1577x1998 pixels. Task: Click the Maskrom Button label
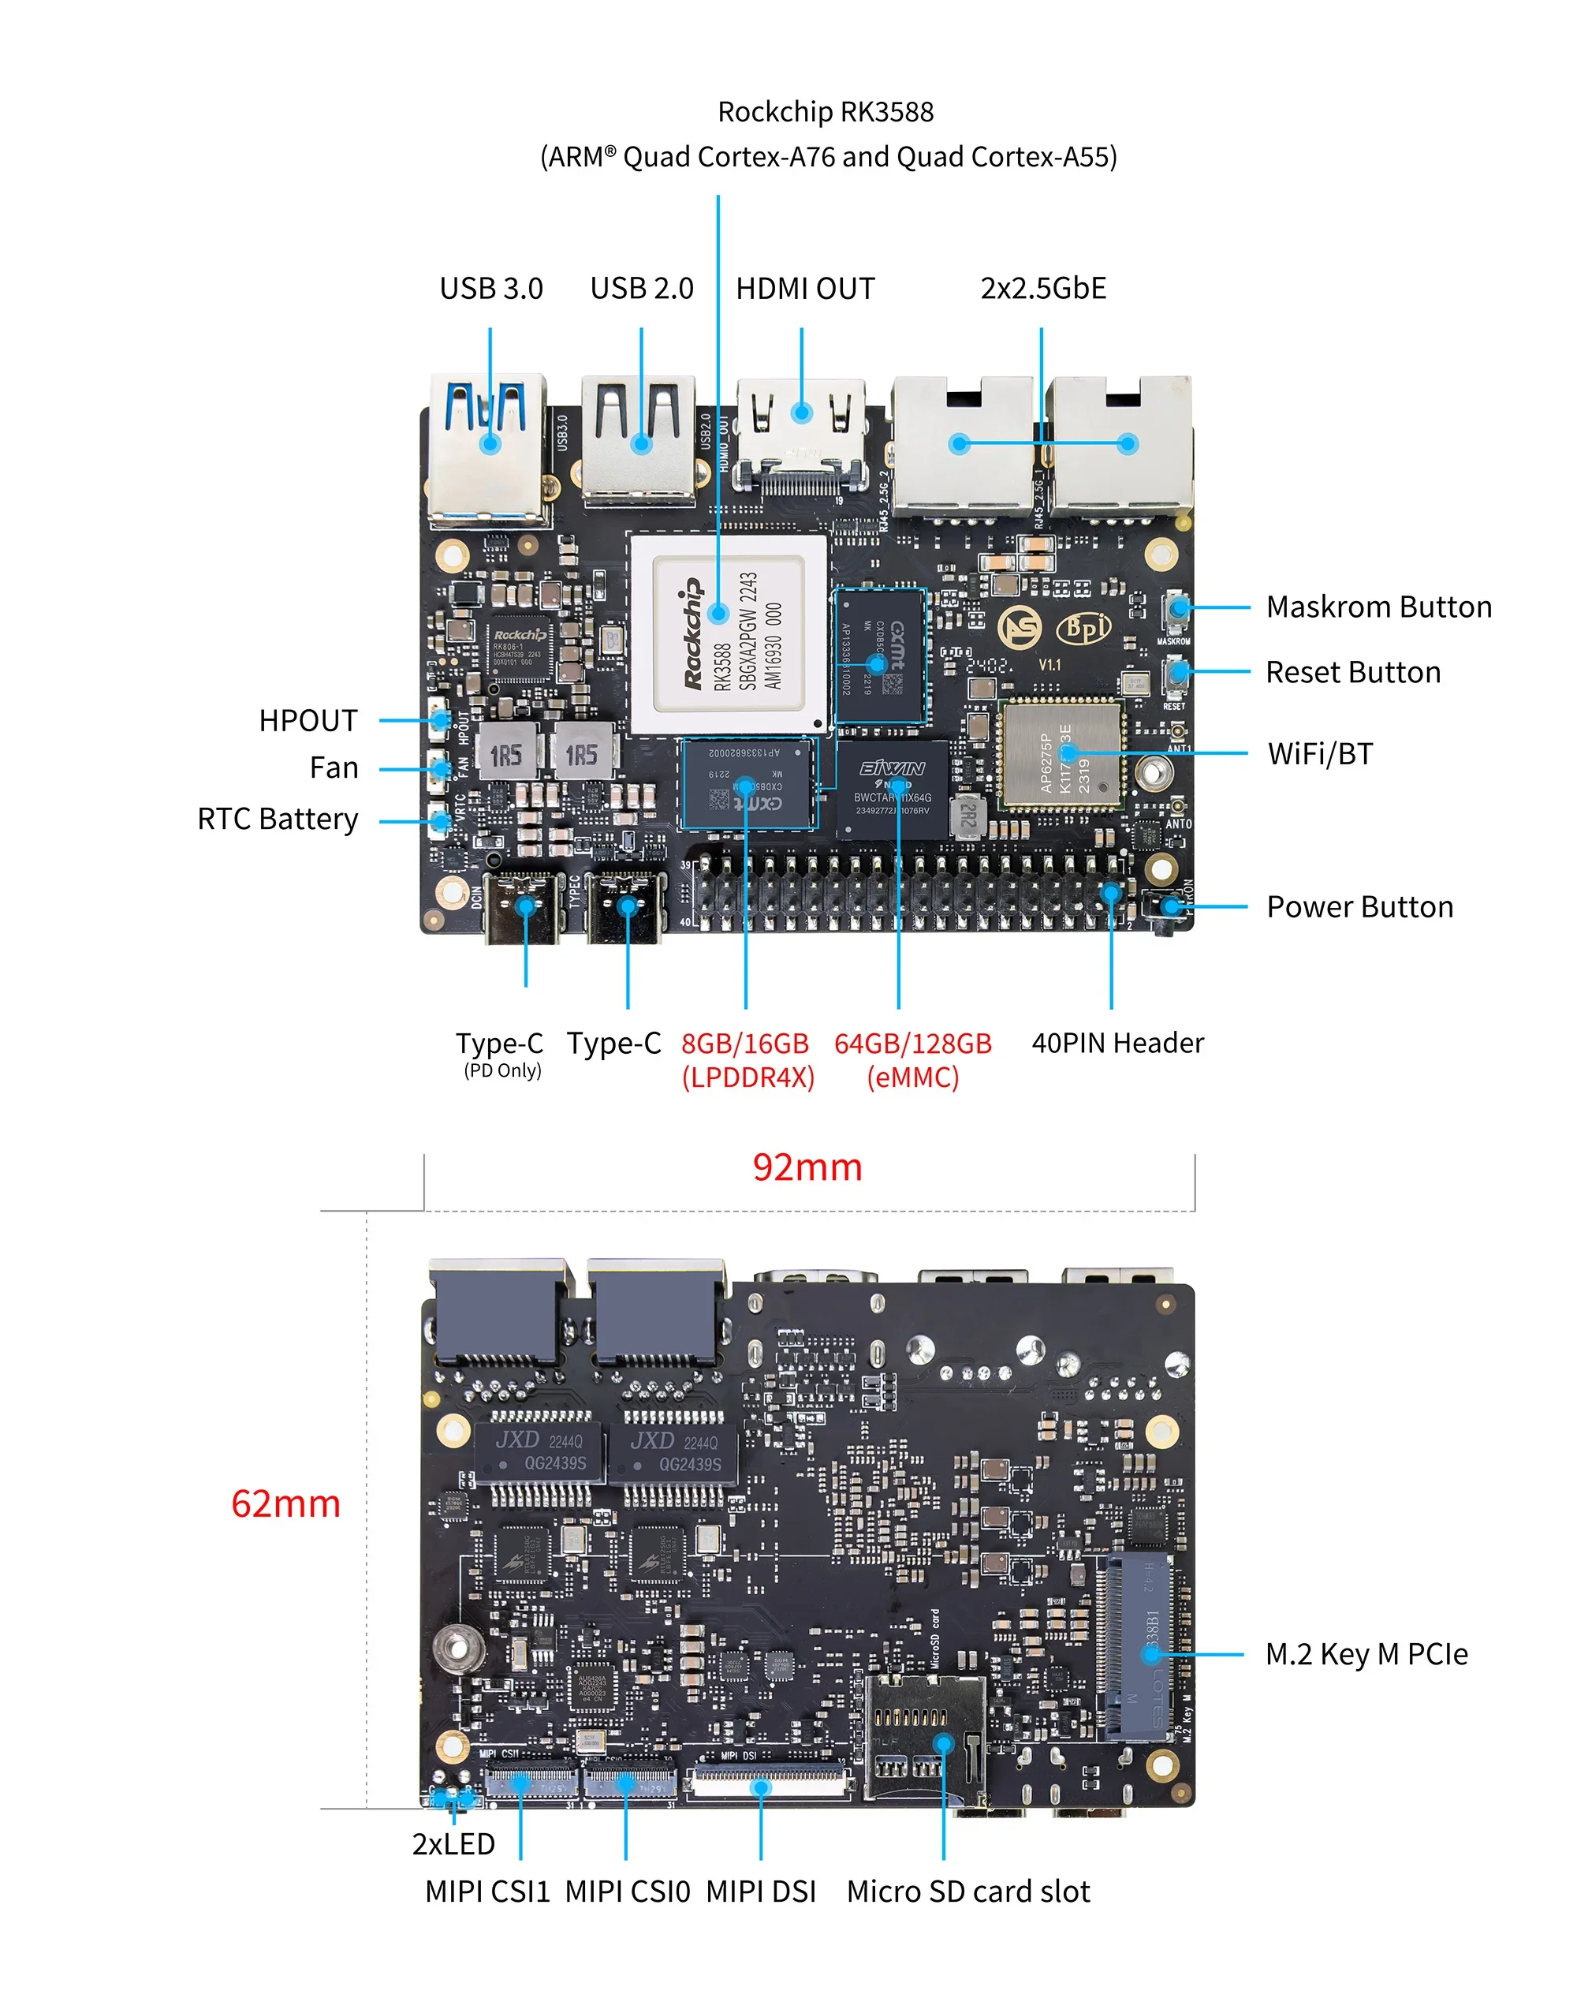[x=1378, y=607]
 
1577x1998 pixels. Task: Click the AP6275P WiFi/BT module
[x=1062, y=754]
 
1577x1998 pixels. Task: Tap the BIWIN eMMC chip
[x=892, y=790]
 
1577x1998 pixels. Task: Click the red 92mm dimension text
[x=807, y=1167]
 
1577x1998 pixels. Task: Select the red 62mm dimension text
[x=285, y=1503]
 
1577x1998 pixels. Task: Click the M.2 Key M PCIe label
[x=1366, y=1653]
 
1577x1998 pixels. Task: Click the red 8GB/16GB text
[x=744, y=1044]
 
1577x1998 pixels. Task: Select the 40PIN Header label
[x=1117, y=1043]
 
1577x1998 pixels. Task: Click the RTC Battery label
[x=277, y=820]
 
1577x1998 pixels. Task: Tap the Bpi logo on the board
[x=1083, y=628]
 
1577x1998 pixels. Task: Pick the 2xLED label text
[x=453, y=1843]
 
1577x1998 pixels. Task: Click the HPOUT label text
[x=308, y=720]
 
